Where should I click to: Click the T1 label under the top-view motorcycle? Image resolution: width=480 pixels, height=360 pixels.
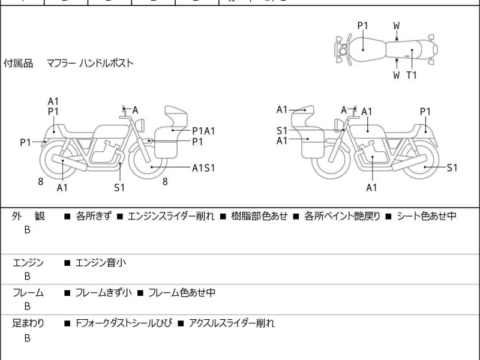(x=412, y=75)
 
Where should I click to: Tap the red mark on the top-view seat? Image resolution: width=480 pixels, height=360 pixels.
(x=407, y=56)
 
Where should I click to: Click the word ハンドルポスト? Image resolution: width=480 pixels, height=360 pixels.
(x=107, y=63)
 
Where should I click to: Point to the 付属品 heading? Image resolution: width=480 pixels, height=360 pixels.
(x=19, y=63)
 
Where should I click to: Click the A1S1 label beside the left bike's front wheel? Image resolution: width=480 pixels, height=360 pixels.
(x=203, y=168)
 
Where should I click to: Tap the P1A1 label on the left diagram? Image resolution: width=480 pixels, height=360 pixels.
(x=203, y=131)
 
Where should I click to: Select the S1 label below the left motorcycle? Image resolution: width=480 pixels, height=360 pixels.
(x=119, y=188)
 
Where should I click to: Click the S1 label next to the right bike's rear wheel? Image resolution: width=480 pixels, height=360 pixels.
(x=452, y=168)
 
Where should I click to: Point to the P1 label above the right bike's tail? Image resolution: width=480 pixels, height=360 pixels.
(x=425, y=111)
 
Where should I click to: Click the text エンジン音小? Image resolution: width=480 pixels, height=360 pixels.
(x=100, y=262)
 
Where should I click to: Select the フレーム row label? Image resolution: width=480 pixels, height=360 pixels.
(x=28, y=293)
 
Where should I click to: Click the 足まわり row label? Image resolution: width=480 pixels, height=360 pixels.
(x=28, y=323)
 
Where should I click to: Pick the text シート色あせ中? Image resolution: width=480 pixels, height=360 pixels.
(x=427, y=216)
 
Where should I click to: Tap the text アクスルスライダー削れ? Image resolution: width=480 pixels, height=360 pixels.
(x=231, y=323)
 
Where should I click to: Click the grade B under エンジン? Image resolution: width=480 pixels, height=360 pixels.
(x=27, y=276)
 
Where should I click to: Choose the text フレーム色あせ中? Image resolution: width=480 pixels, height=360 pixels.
(x=182, y=293)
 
